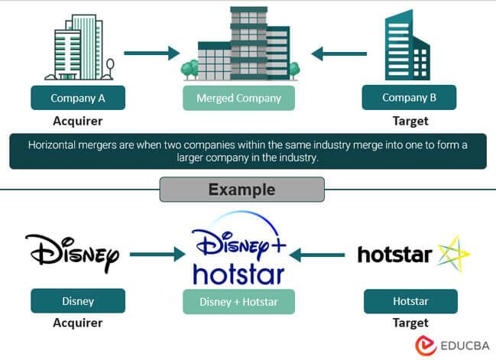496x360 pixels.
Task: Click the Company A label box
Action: (x=77, y=98)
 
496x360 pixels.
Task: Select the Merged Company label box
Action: (x=238, y=98)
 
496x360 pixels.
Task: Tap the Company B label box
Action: (x=409, y=98)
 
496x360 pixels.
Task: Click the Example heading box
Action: (x=242, y=189)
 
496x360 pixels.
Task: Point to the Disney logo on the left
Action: (x=73, y=251)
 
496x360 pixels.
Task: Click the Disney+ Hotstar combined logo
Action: (x=238, y=251)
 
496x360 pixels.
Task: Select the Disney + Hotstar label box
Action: (x=238, y=301)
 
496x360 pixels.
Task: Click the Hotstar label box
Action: (x=410, y=301)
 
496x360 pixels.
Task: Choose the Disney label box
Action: (x=77, y=301)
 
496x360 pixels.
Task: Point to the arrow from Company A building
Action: (x=151, y=54)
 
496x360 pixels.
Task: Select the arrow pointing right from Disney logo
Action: (x=156, y=252)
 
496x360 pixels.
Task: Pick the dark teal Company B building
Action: (x=407, y=46)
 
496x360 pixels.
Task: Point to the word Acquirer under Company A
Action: (x=77, y=121)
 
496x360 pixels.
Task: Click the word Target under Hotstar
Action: (x=410, y=323)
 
